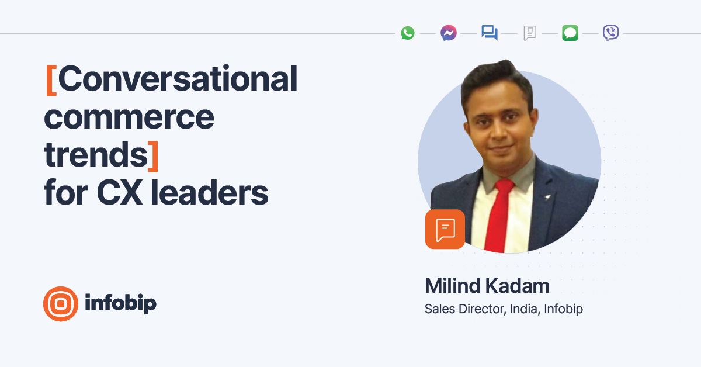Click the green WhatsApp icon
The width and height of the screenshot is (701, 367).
(x=408, y=33)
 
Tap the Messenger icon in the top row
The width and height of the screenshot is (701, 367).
(x=449, y=33)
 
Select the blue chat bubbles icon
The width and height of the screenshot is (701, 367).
(x=490, y=33)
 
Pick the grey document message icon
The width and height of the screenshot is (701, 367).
(x=530, y=33)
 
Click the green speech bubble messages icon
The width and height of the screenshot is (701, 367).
(x=570, y=33)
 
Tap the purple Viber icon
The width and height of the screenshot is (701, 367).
(x=610, y=33)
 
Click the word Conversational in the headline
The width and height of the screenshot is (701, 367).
(x=178, y=79)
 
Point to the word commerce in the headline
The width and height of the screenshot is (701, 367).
(x=129, y=117)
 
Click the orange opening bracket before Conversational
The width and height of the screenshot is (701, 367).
(x=51, y=79)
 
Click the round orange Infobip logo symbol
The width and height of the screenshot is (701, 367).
(x=61, y=304)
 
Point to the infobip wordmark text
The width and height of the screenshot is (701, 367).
(x=120, y=303)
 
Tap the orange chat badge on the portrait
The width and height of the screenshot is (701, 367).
(x=445, y=229)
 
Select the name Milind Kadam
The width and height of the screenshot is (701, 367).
(x=487, y=286)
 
